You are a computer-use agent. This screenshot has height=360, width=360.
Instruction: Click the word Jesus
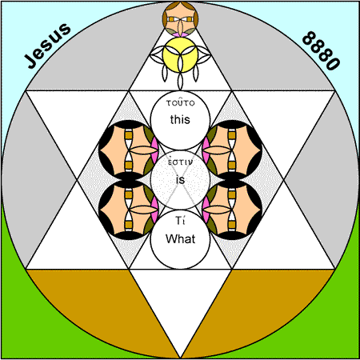pos(48,46)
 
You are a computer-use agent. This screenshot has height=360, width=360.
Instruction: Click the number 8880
pos(322,50)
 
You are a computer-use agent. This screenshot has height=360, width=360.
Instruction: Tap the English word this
pos(180,119)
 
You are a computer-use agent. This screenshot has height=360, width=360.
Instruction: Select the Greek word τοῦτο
pos(181,102)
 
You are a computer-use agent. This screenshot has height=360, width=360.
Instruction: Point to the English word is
pos(181,179)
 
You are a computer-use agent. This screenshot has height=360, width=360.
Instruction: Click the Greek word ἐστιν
pos(180,162)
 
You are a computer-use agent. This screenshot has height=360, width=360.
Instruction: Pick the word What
pos(181,238)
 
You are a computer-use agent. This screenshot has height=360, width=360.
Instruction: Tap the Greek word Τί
pos(180,221)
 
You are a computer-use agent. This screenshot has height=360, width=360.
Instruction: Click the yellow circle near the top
pos(181,54)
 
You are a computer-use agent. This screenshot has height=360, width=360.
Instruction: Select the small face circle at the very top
pos(181,18)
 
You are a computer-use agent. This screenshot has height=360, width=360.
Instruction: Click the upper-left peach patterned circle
pos(129,150)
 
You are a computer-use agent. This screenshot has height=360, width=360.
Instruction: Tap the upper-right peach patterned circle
pos(232,150)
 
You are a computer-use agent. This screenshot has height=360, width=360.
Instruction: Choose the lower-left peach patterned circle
pos(129,210)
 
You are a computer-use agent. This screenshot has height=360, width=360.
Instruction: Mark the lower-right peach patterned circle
pos(232,210)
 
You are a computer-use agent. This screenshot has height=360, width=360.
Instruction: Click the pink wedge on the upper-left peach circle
pos(154,150)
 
